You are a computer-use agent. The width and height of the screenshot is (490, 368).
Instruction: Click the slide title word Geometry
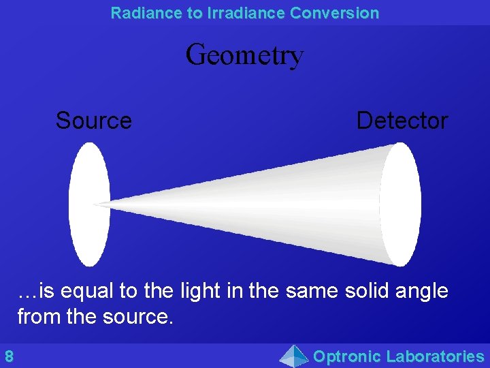click(244, 55)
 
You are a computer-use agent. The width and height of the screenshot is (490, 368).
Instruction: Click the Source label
click(93, 121)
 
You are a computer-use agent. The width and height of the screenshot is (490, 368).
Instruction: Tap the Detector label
click(402, 121)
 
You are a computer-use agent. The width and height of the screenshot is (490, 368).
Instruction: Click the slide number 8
click(9, 356)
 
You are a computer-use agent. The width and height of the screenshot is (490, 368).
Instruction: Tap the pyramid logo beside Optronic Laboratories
click(294, 356)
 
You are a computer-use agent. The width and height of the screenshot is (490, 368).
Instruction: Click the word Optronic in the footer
click(346, 356)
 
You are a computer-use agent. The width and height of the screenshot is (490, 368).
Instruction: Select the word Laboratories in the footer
click(435, 356)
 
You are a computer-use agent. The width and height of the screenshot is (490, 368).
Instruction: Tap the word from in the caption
click(36, 317)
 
